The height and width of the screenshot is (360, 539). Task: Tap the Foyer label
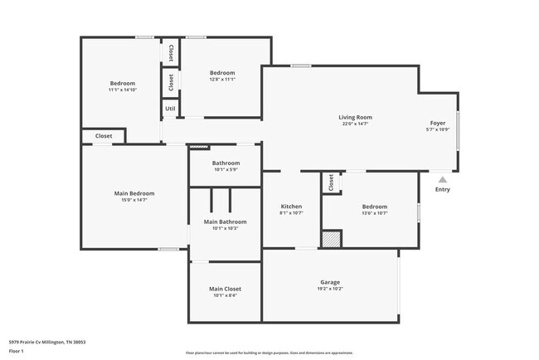[x=437, y=123]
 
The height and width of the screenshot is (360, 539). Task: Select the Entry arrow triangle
[x=443, y=178]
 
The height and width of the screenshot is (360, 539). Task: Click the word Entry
[x=443, y=190]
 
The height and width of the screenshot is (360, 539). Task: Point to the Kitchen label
[x=291, y=207]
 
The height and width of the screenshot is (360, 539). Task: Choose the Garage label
[x=330, y=282]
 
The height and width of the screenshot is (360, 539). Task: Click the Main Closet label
[x=226, y=289]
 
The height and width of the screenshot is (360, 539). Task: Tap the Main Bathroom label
[x=226, y=221]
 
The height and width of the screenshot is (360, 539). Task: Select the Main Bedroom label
[x=134, y=193]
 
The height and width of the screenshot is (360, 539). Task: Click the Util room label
[x=170, y=109]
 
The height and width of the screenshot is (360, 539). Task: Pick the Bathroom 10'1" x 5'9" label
[x=226, y=163]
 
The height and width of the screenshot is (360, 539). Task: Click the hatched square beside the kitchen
[x=331, y=239]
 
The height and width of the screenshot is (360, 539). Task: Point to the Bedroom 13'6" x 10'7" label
[x=375, y=207]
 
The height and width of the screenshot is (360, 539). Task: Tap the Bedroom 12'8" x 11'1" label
[x=222, y=73]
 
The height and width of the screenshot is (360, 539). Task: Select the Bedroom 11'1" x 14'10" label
[x=123, y=83]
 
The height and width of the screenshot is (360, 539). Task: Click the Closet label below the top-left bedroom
[x=104, y=136]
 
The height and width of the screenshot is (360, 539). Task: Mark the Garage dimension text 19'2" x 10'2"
[x=330, y=289]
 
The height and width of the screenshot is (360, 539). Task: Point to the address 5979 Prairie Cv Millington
[x=47, y=342]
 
